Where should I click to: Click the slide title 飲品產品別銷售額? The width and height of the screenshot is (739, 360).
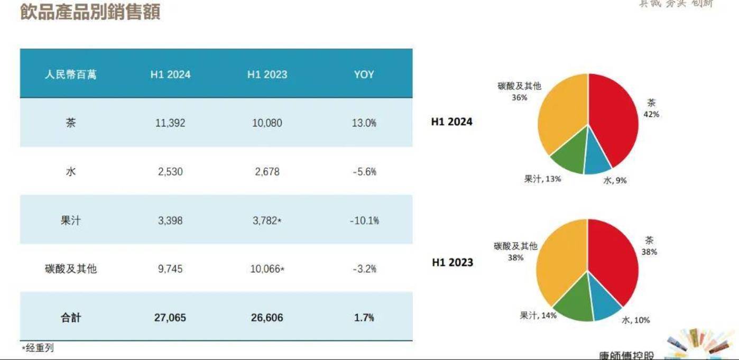[90, 12]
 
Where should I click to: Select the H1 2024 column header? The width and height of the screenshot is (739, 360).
[170, 75]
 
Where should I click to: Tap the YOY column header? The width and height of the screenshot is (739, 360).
[364, 75]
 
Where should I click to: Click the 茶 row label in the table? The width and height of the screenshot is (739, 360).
[71, 123]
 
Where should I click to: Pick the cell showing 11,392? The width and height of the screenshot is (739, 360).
[170, 123]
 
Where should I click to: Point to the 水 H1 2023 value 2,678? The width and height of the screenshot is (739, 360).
[267, 172]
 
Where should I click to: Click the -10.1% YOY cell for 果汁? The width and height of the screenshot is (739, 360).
[364, 220]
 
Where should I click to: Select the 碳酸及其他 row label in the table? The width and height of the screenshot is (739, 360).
[71, 269]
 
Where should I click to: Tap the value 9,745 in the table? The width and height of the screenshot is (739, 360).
[170, 269]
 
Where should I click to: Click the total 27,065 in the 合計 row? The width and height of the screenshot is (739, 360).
[170, 318]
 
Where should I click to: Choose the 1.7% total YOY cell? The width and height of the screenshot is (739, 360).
[364, 318]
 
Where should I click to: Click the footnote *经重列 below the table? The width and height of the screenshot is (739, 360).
[38, 348]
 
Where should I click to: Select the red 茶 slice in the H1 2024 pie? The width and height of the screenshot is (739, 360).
[613, 116]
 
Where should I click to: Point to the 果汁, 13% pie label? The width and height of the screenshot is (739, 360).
[542, 179]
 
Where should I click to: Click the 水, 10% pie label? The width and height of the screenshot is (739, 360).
[635, 320]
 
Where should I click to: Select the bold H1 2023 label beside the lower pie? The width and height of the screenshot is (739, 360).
[452, 262]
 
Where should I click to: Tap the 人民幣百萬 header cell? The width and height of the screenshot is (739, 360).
[71, 75]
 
